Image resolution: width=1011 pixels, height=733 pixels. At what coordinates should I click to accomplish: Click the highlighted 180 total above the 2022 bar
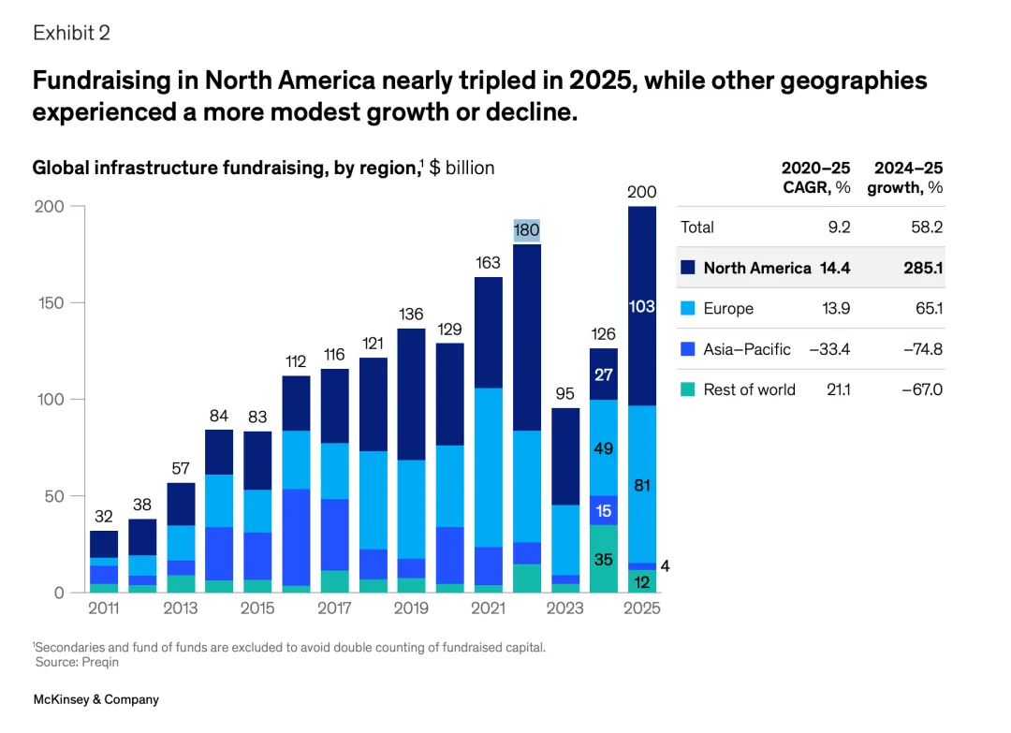(527, 230)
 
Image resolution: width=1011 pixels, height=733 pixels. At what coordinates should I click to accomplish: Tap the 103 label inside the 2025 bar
(641, 306)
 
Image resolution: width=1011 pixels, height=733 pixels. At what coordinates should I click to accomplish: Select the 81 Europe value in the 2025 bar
(641, 485)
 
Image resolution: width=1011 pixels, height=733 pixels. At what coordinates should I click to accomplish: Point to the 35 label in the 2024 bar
(604, 561)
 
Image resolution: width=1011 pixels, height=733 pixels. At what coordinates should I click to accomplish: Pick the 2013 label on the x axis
(181, 608)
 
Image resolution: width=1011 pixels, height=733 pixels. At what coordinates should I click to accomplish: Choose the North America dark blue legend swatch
(687, 268)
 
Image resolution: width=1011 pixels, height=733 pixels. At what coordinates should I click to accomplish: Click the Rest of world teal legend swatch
(687, 389)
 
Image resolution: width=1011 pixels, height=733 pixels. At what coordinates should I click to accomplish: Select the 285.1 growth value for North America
(922, 268)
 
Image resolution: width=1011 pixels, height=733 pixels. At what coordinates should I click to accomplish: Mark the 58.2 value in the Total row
(926, 227)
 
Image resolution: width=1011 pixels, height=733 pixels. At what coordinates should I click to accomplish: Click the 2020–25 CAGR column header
(816, 176)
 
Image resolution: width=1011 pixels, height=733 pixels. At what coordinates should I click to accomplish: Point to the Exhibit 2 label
(71, 33)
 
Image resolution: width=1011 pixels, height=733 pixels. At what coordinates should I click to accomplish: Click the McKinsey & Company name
(96, 699)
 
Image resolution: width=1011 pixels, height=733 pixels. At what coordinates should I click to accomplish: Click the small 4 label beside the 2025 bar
(665, 566)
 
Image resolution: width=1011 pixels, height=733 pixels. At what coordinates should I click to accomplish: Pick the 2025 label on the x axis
(642, 608)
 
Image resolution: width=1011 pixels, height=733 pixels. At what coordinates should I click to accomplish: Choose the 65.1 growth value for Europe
(926, 308)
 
